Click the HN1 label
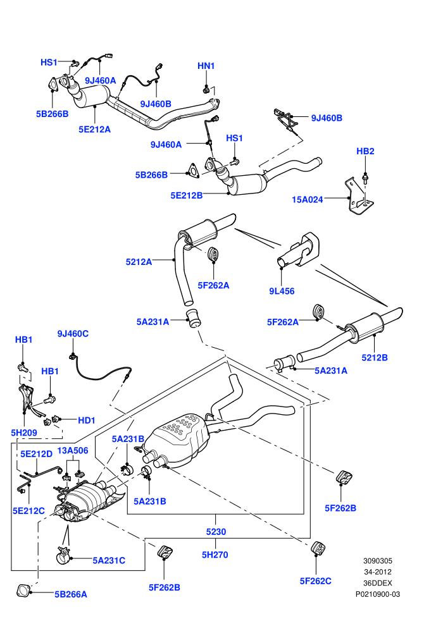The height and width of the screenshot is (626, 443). click(x=206, y=66)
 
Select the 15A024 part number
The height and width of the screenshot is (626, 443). click(x=307, y=199)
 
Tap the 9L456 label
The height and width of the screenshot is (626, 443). click(x=282, y=291)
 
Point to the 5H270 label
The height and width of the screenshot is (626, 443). click(x=215, y=555)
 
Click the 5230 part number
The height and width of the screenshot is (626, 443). click(x=216, y=532)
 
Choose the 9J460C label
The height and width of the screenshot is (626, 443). click(x=73, y=333)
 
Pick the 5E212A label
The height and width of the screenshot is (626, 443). click(x=95, y=130)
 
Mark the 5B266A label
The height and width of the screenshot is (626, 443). click(x=71, y=594)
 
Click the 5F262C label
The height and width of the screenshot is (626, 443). click(x=316, y=581)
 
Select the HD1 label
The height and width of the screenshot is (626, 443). click(x=87, y=420)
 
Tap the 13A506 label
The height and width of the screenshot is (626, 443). click(x=73, y=450)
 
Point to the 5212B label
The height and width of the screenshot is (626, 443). click(x=375, y=357)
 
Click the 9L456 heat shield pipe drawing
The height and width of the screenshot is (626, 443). click(x=298, y=250)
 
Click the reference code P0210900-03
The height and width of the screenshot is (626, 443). click(x=378, y=594)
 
